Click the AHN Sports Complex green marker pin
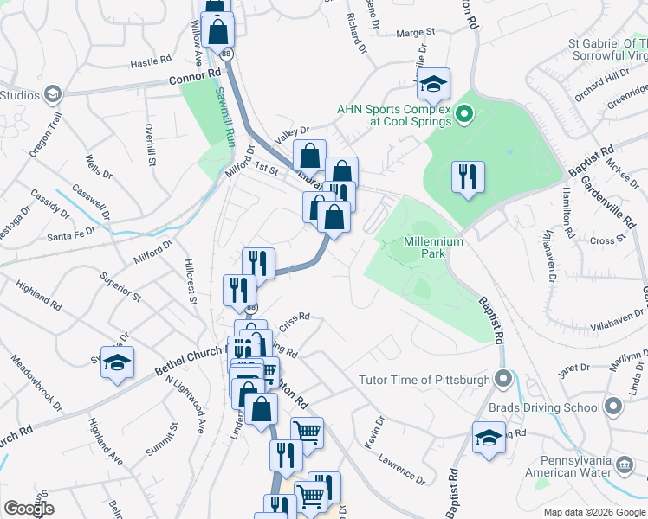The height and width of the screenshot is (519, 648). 463,113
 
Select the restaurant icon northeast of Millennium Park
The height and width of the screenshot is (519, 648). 468,177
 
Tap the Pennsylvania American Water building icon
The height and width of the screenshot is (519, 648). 623,467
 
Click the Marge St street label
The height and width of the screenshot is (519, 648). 415,33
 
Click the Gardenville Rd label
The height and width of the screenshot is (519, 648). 606,202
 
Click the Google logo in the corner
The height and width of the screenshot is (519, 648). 28,509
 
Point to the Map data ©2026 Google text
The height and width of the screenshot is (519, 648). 594,512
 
